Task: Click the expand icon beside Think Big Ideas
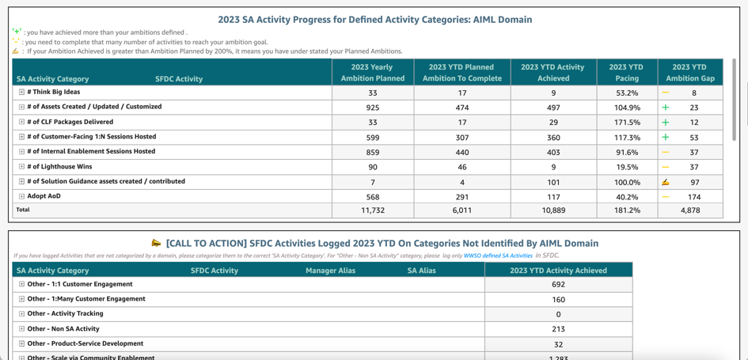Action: (21, 93)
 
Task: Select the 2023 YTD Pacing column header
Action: (627, 72)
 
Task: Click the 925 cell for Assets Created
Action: (372, 108)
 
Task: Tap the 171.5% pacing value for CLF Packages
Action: (627, 123)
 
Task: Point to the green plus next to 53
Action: (666, 137)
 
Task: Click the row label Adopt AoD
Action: (44, 196)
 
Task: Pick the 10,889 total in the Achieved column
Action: (553, 210)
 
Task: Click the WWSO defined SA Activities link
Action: (498, 256)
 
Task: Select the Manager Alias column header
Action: (330, 271)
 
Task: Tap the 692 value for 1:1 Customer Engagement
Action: (558, 285)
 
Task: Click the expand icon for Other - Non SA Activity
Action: (21, 329)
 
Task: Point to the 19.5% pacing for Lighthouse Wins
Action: (627, 167)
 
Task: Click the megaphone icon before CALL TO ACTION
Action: (156, 243)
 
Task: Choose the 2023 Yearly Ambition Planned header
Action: (372, 72)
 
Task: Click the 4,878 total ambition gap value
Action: (690, 210)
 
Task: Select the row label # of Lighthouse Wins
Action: (59, 167)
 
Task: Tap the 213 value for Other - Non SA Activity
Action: (558, 329)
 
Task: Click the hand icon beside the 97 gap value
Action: (666, 182)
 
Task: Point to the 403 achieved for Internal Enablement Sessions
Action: (553, 152)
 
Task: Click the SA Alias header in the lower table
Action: (421, 271)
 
